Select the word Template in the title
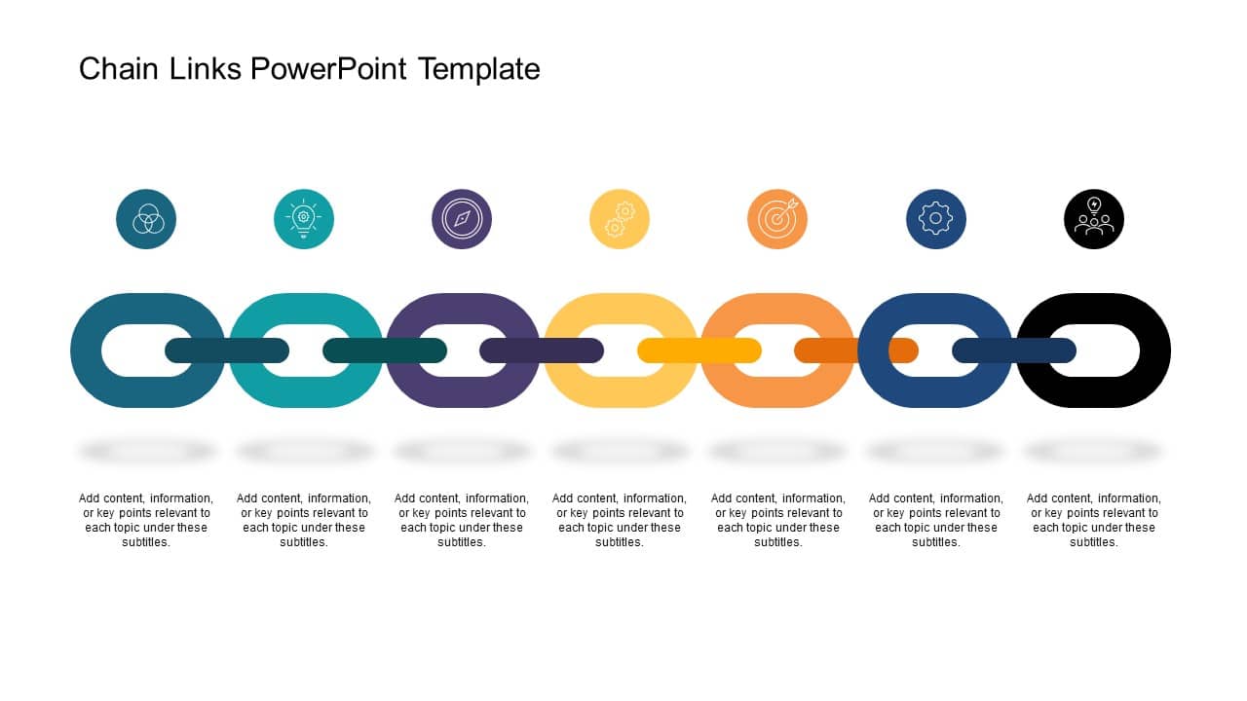(478, 69)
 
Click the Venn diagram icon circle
(146, 219)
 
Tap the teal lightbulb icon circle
(304, 219)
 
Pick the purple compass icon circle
(462, 219)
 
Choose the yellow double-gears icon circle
(620, 219)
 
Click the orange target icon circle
(777, 219)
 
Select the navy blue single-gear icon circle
(936, 219)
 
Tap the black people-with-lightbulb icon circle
(1094, 219)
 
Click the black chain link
(1154, 350)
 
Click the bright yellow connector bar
(699, 350)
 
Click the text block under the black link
(1094, 520)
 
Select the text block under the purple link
(462, 520)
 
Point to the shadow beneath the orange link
(777, 451)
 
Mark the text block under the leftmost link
(146, 520)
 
